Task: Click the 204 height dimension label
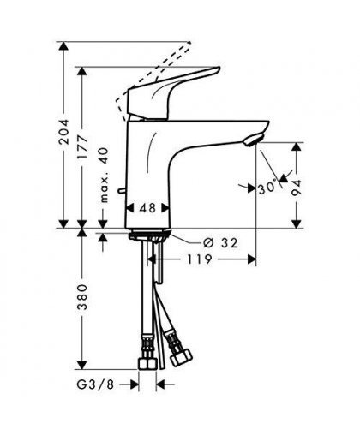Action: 63,132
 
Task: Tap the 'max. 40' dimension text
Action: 105,175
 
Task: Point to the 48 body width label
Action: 147,208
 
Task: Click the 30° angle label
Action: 267,188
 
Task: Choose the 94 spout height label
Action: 297,188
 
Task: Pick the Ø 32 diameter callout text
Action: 220,243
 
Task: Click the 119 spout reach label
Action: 200,259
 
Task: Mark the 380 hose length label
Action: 82,297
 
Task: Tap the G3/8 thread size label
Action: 95,384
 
